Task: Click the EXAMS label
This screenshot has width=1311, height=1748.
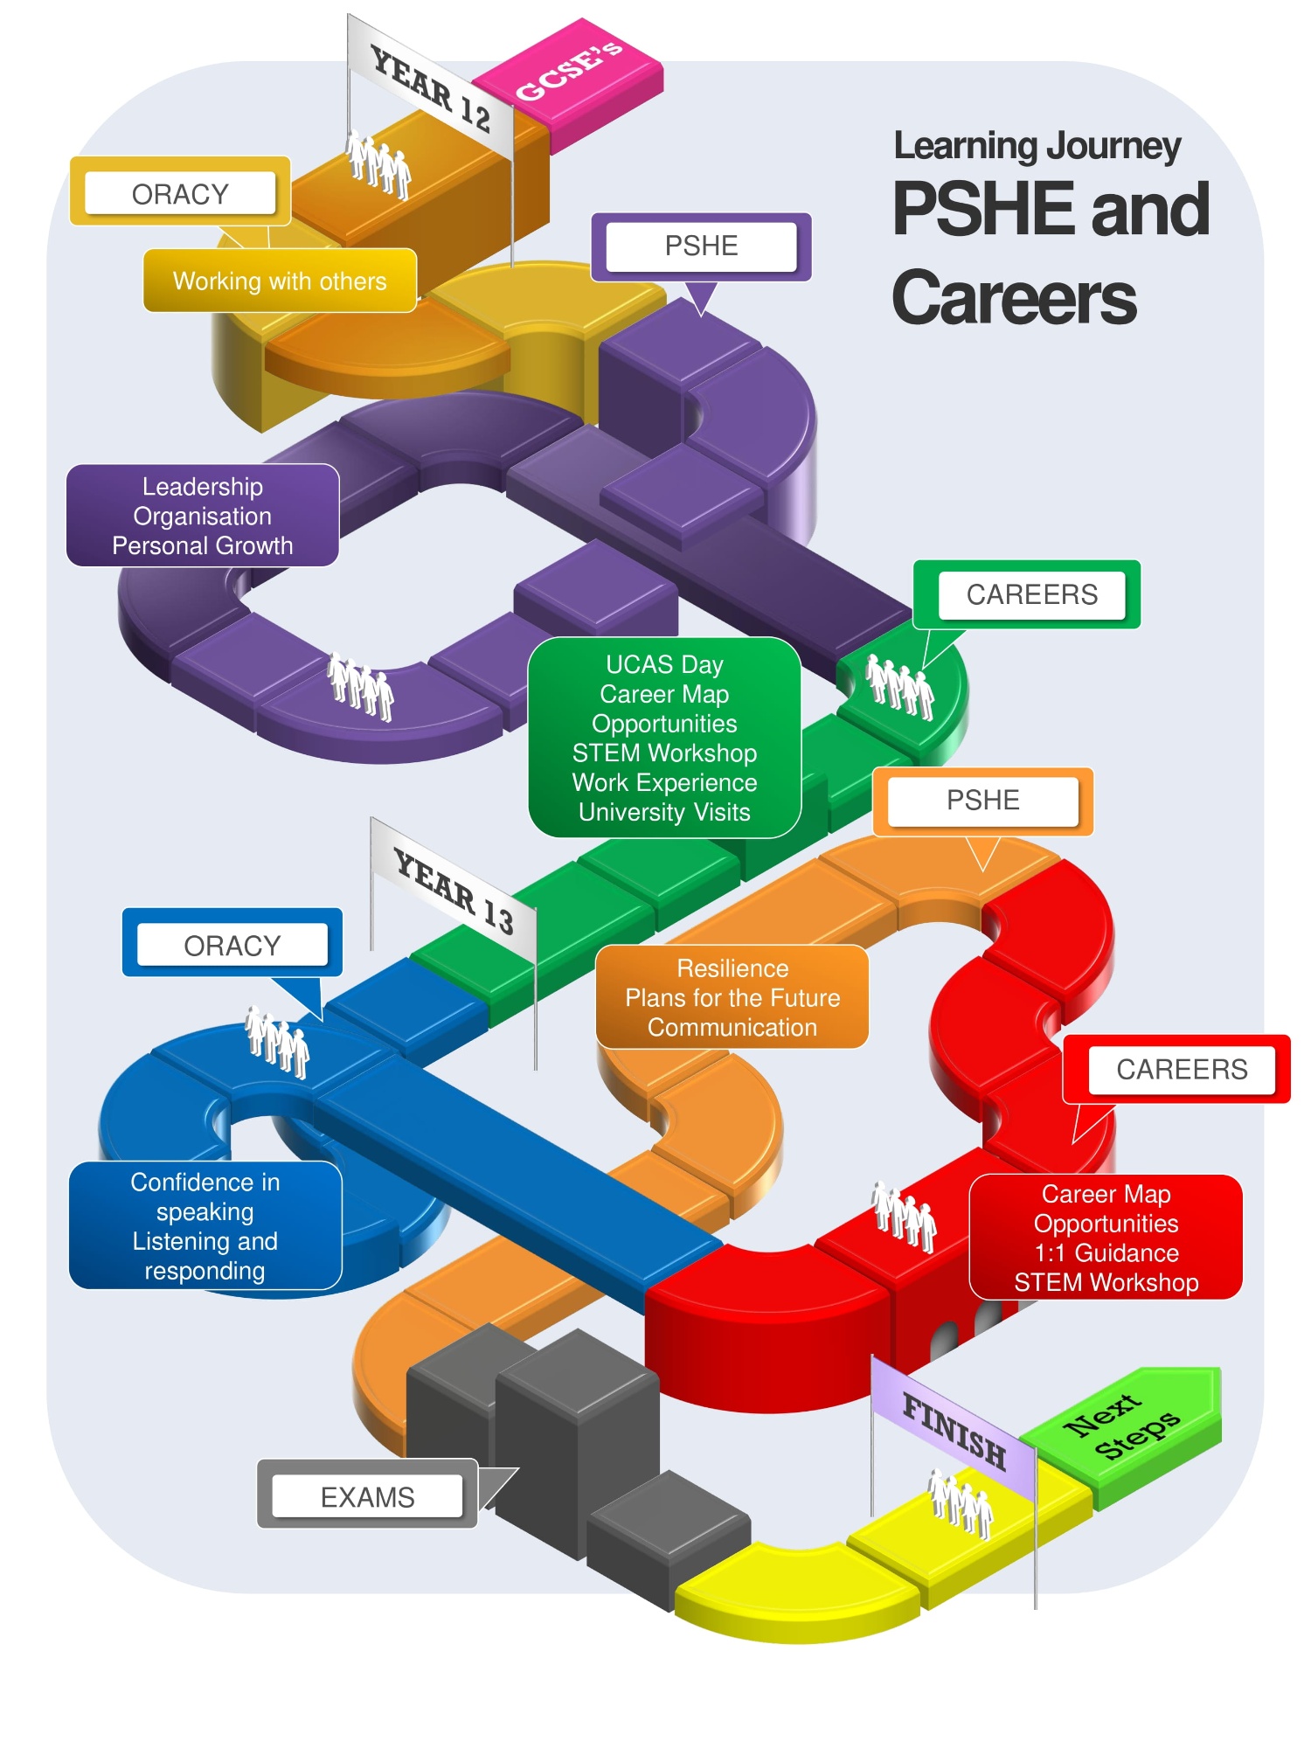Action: [367, 1497]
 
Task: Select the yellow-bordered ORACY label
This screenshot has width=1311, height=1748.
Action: [180, 193]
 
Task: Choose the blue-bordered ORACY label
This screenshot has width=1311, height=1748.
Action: [232, 945]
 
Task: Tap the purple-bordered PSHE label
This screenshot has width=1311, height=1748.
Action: [701, 246]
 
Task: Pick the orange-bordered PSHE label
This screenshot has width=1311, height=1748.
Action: [982, 800]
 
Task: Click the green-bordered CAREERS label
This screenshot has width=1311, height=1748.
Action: [1031, 594]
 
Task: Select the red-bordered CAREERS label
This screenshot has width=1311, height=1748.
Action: [1182, 1069]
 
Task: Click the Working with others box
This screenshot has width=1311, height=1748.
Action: [280, 281]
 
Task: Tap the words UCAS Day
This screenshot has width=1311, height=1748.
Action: [664, 664]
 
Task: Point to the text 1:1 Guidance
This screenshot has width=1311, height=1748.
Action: [1106, 1252]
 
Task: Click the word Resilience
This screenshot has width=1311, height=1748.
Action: [732, 968]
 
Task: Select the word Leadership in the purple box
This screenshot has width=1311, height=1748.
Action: [203, 486]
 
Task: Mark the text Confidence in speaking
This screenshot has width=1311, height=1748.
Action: [205, 1197]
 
